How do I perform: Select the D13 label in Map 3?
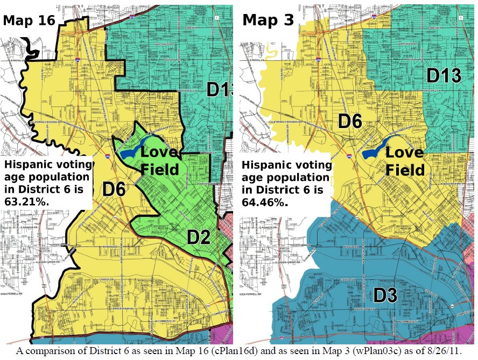click(444, 76)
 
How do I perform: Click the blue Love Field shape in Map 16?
click(128, 149)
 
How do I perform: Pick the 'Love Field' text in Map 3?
click(405, 161)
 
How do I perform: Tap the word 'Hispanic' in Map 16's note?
click(25, 165)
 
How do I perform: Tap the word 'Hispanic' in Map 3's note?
click(264, 165)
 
